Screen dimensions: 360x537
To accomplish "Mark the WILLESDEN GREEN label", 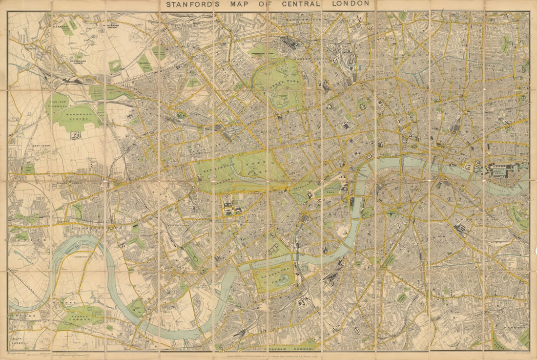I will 115,25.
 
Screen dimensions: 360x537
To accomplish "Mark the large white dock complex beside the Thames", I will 503,170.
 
